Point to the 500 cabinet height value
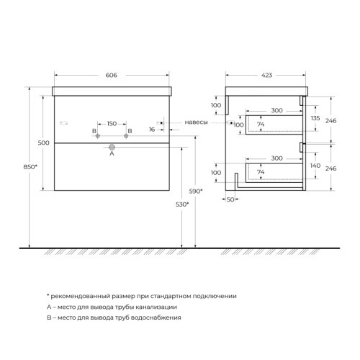pyautogui.click(x=43, y=143)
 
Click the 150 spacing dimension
pyautogui.click(x=112, y=123)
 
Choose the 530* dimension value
pyautogui.click(x=183, y=204)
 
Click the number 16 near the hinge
pyautogui.click(x=152, y=130)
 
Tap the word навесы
pyautogui.click(x=196, y=122)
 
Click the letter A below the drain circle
pyautogui.click(x=111, y=153)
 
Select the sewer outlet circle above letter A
pyautogui.click(x=111, y=144)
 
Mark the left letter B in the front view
pyautogui.click(x=94, y=131)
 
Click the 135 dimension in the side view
pyautogui.click(x=314, y=118)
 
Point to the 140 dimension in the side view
pyautogui.click(x=314, y=166)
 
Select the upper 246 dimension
pyautogui.click(x=332, y=122)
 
